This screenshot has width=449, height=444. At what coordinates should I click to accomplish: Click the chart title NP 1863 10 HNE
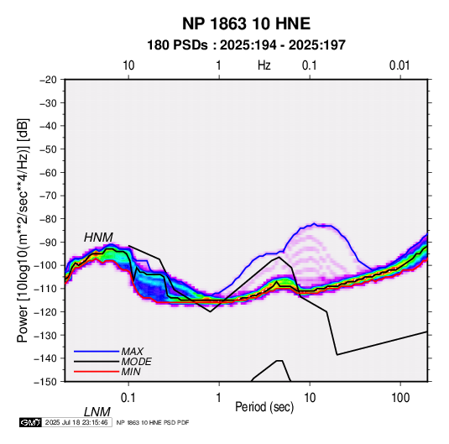click(x=246, y=24)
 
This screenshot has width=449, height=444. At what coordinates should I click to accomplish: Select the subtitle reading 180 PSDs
click(x=177, y=45)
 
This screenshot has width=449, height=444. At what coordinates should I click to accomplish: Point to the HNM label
click(x=98, y=238)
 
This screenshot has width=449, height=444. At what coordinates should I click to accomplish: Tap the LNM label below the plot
click(x=97, y=412)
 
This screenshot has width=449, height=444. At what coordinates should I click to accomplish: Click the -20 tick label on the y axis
click(x=48, y=80)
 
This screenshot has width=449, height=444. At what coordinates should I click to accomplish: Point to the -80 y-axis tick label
click(x=48, y=219)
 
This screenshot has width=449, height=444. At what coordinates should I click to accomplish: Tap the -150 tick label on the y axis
click(x=45, y=382)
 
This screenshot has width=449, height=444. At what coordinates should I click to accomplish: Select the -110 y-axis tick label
click(x=45, y=289)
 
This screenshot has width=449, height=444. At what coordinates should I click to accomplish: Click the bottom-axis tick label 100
click(x=400, y=398)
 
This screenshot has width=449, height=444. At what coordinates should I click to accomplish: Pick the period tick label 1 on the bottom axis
click(x=219, y=398)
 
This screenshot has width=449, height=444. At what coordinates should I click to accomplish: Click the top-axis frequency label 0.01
click(x=399, y=65)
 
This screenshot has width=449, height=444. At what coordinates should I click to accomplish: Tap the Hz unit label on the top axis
click(x=264, y=65)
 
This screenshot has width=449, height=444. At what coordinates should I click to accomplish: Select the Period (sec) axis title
click(x=264, y=407)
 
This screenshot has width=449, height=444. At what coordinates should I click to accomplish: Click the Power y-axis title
click(x=23, y=230)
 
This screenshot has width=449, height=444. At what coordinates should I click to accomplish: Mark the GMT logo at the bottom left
click(x=31, y=422)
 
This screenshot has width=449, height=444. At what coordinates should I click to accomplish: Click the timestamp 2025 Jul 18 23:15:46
click(x=76, y=422)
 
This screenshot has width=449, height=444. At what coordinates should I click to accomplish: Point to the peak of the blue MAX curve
click(x=314, y=223)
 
